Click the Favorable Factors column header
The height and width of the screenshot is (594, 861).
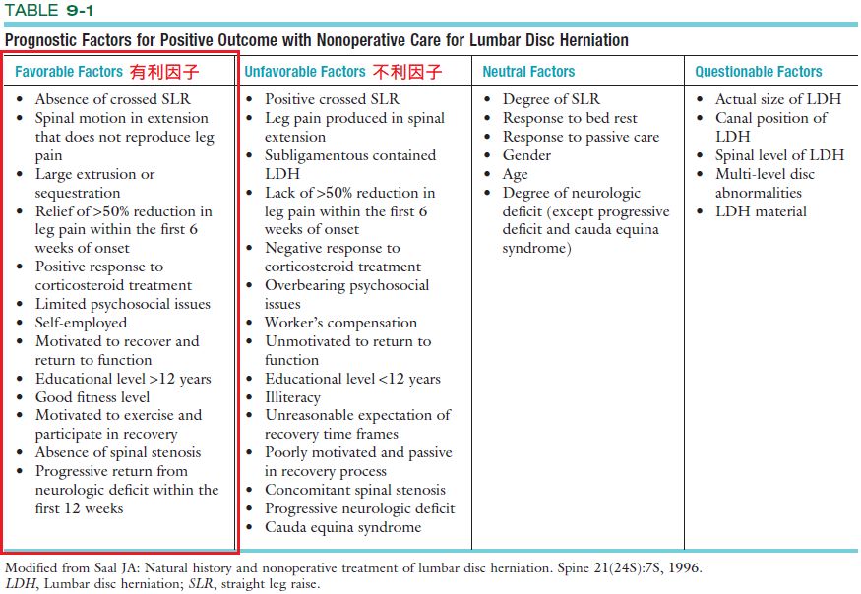68,72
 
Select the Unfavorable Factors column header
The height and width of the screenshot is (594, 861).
305,72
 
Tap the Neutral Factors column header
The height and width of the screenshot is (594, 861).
528,72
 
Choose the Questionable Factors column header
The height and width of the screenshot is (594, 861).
759,72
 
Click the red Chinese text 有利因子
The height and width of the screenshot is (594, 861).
164,72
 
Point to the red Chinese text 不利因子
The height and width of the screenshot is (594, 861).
406,72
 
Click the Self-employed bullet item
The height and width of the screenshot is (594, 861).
81,323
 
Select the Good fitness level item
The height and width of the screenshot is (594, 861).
92,397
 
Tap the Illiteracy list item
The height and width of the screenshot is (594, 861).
292,397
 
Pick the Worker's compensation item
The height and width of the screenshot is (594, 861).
340,323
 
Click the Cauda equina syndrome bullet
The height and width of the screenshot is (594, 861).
342,527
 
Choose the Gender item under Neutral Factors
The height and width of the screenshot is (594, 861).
526,155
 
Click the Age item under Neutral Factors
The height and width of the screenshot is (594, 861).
515,174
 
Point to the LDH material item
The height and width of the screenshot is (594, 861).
761,211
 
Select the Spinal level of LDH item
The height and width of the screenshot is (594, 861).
779,155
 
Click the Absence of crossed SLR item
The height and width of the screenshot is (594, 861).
112,99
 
